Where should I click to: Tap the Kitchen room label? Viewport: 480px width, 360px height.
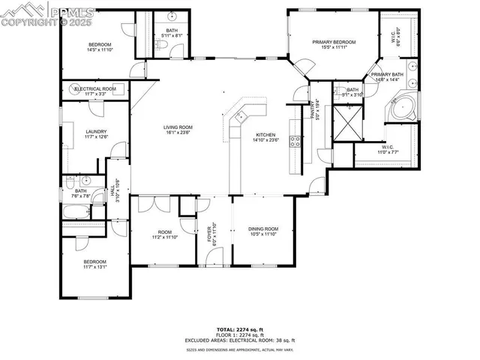[x=265, y=134]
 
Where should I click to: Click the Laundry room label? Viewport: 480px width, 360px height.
[x=95, y=131]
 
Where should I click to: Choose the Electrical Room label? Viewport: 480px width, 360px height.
[x=95, y=88]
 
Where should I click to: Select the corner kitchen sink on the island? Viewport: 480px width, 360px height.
[x=241, y=116]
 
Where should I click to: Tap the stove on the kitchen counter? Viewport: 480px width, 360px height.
[x=296, y=139]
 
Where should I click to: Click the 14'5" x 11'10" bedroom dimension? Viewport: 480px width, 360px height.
[x=100, y=50]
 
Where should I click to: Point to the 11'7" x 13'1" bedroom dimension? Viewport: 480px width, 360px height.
[x=95, y=266]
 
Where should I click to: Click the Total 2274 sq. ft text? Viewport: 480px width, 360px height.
[x=240, y=328]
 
